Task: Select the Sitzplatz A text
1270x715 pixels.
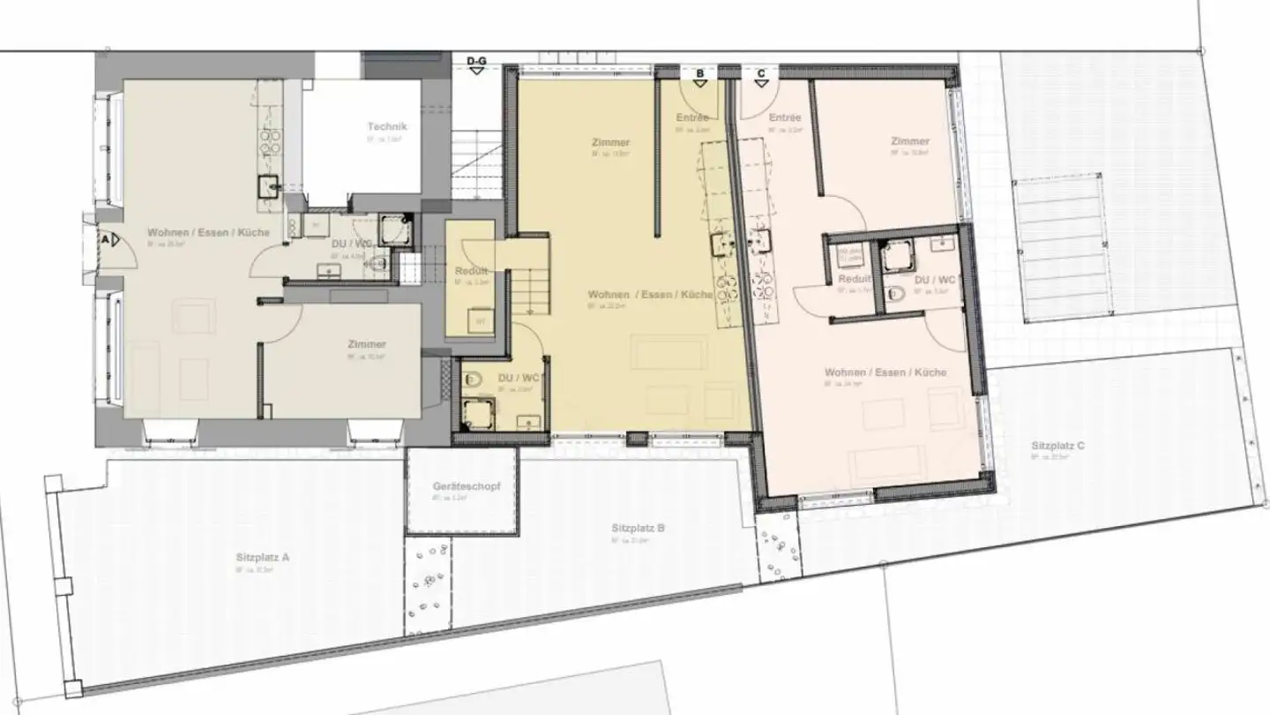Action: pyautogui.click(x=263, y=557)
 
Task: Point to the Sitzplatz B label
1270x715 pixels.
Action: pyautogui.click(x=638, y=529)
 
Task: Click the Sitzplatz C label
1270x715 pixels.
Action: pyautogui.click(x=1057, y=446)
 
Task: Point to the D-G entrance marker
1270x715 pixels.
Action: pyautogui.click(x=476, y=65)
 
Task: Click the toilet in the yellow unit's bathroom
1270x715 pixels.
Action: pyautogui.click(x=472, y=382)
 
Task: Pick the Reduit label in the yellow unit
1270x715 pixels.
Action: pyautogui.click(x=471, y=271)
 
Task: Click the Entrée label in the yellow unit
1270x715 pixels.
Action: pyautogui.click(x=692, y=117)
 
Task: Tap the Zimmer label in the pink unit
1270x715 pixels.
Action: pyautogui.click(x=909, y=141)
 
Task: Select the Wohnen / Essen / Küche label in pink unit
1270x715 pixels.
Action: pyautogui.click(x=885, y=373)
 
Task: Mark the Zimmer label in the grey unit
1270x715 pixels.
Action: pyautogui.click(x=367, y=344)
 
